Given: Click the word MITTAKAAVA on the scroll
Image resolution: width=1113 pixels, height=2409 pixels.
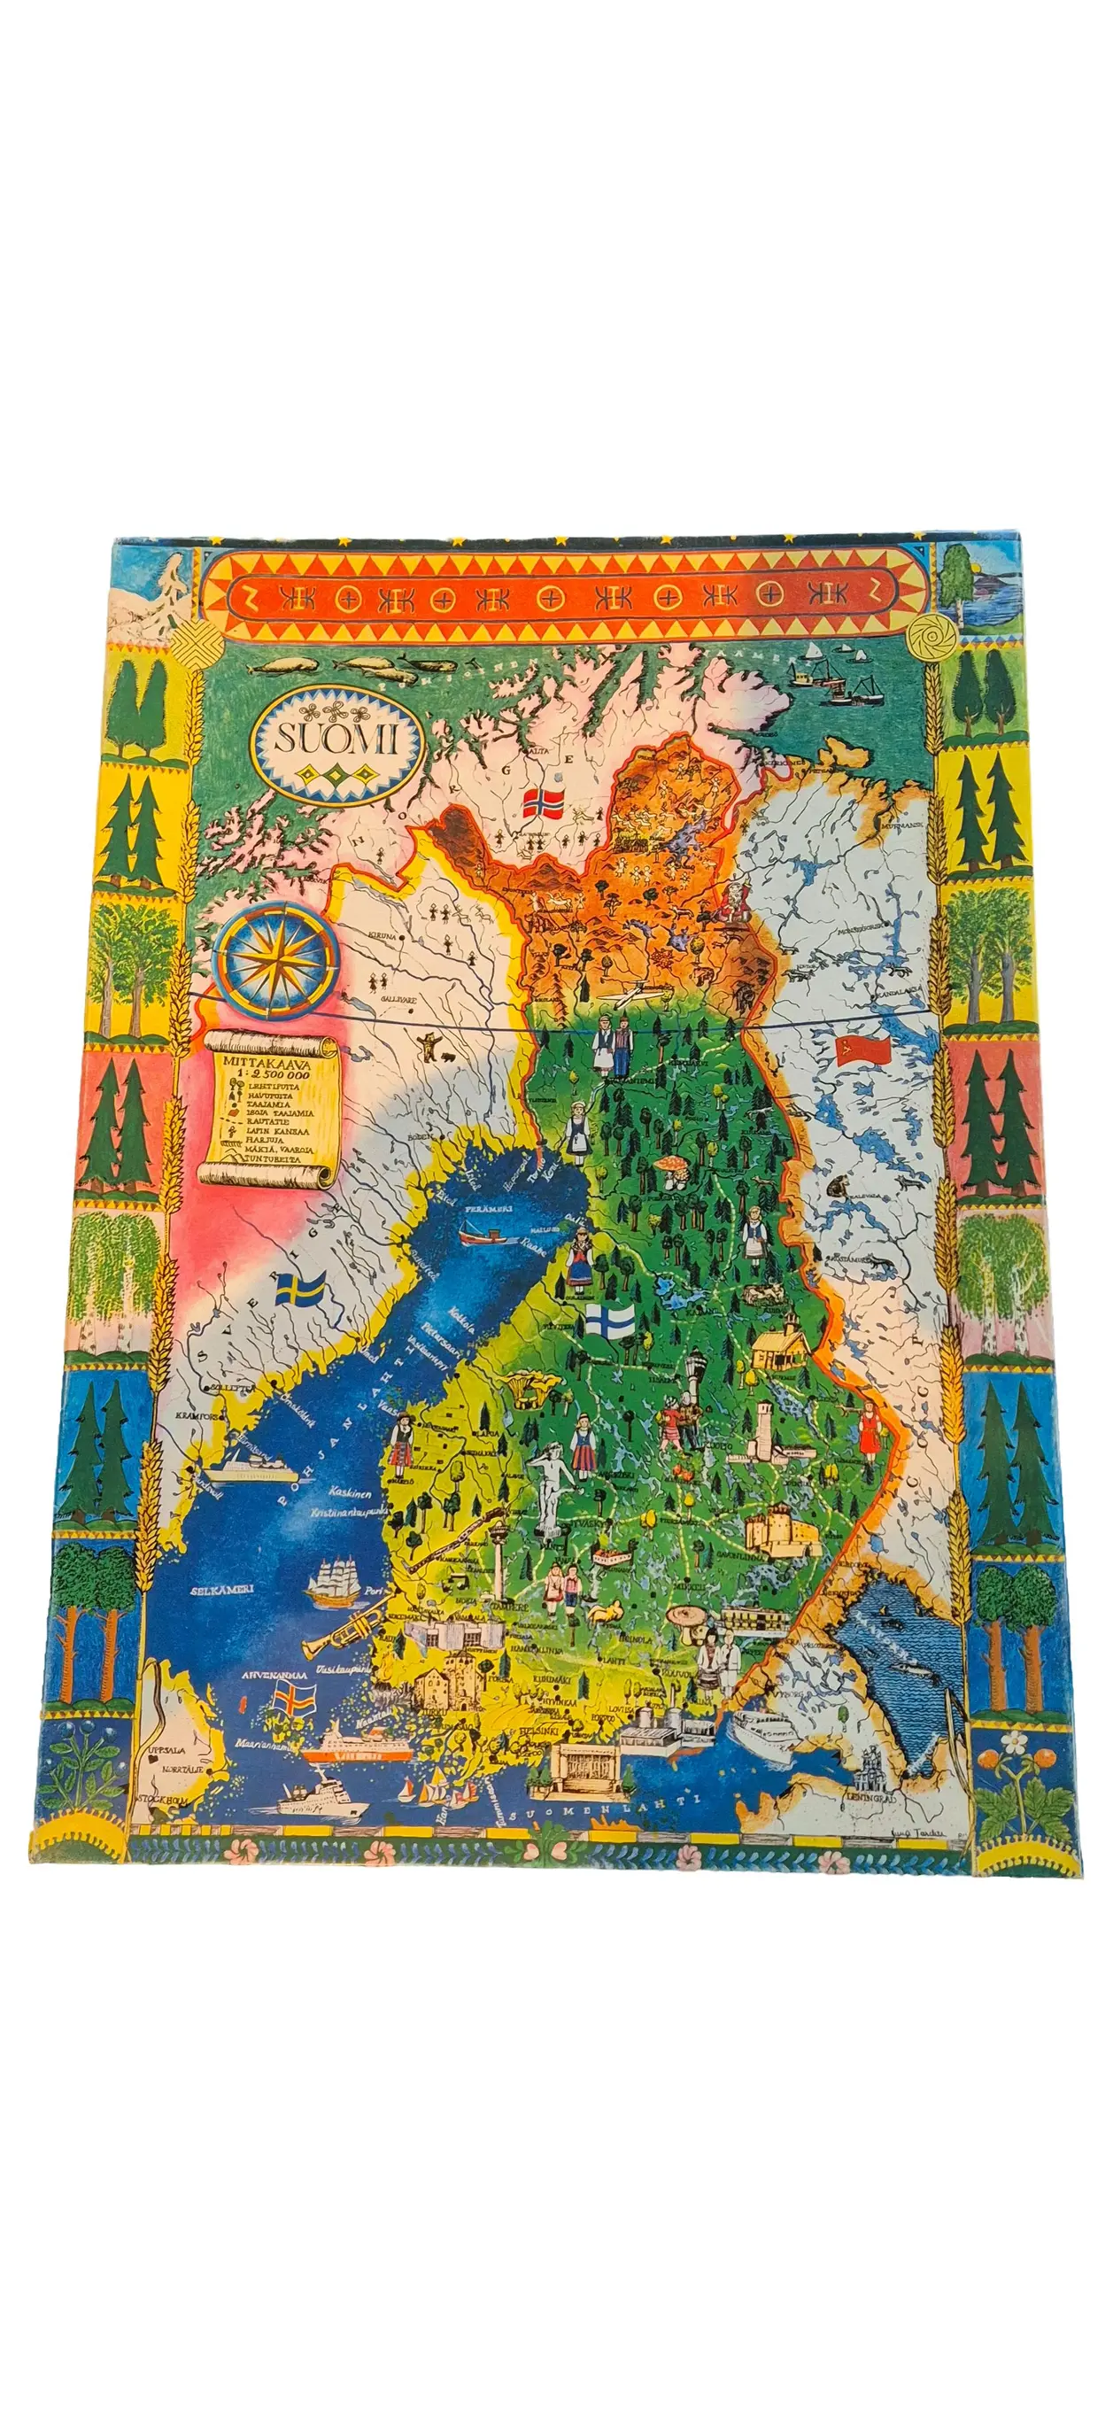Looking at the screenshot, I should click(267, 1064).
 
